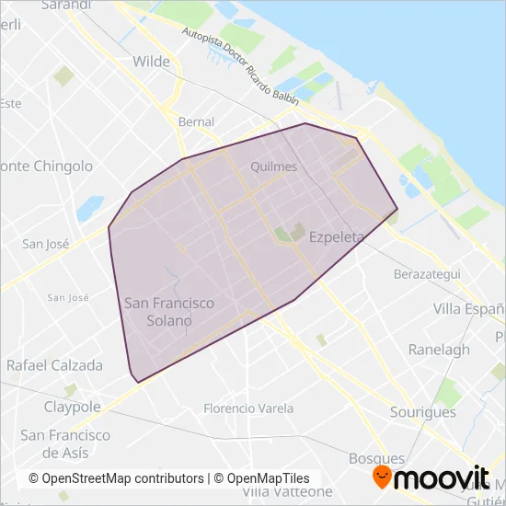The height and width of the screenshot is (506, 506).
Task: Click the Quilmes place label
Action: (x=273, y=167)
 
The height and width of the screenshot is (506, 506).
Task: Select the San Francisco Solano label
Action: (x=169, y=311)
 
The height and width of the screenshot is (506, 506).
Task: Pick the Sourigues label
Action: (x=422, y=412)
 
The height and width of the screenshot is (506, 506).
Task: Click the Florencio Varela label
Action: (x=248, y=408)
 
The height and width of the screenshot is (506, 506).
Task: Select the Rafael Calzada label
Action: (x=54, y=365)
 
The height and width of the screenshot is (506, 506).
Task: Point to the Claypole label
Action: (x=72, y=407)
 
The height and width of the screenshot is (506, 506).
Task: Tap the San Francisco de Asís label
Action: (x=65, y=443)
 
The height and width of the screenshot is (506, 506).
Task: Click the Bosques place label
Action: (x=376, y=458)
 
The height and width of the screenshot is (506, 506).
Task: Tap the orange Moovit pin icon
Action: (x=380, y=477)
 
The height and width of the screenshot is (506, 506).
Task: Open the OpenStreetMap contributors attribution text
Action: (x=116, y=478)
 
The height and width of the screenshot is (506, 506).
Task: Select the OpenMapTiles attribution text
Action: (x=262, y=478)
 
